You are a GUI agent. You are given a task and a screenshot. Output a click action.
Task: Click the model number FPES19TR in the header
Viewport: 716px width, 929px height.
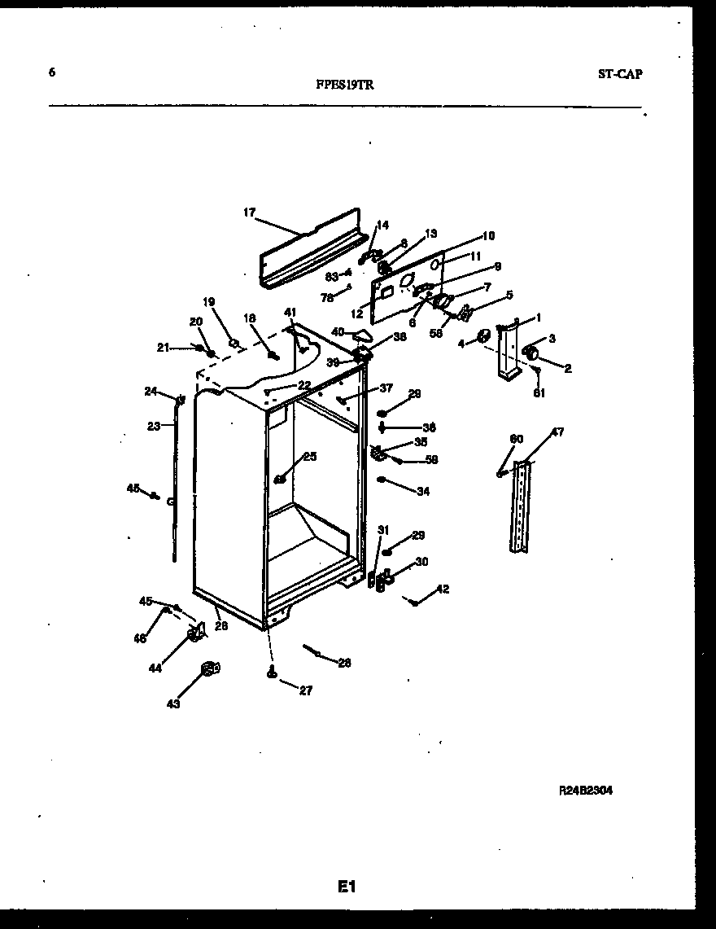coord(346,83)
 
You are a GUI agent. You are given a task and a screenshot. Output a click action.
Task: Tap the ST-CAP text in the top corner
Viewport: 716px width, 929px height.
coord(619,74)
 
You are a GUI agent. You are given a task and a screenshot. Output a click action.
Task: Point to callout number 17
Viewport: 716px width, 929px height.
coord(250,213)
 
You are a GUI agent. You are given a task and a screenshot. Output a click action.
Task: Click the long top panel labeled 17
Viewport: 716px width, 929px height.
coord(309,248)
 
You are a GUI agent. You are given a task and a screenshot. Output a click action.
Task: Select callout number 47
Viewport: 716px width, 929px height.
coord(557,432)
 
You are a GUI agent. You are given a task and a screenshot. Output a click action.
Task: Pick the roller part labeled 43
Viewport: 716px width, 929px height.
coord(209,669)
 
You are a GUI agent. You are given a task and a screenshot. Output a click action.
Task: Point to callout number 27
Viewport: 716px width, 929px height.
coord(305,690)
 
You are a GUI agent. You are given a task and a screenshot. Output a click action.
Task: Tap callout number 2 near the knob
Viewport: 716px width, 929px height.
coord(567,369)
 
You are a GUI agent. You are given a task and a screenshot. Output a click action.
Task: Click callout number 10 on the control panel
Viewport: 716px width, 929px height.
coord(488,236)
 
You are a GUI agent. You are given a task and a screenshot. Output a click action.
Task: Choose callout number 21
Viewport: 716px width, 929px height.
coord(163,348)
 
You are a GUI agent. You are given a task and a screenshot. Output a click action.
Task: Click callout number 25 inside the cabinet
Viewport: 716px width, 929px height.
coord(309,457)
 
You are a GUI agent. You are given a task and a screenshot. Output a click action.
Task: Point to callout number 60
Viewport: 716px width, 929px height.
coord(516,440)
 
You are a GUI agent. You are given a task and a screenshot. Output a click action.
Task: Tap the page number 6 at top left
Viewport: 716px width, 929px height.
coord(52,72)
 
